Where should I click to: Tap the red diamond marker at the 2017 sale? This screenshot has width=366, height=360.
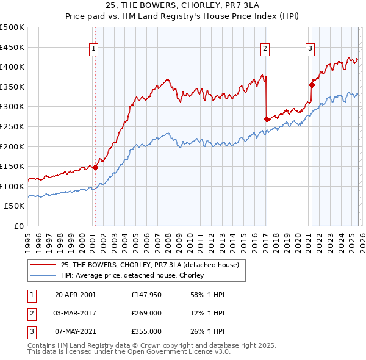[x=267, y=119]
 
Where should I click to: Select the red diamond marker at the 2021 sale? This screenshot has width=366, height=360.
[x=312, y=85]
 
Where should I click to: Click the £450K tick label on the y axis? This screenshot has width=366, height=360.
[x=12, y=47]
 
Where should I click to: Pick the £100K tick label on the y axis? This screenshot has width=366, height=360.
[x=12, y=186]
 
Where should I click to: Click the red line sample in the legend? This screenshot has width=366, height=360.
[x=43, y=265]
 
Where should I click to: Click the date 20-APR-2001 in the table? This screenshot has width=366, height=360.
[x=75, y=295]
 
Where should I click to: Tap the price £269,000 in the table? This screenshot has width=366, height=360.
[x=146, y=313]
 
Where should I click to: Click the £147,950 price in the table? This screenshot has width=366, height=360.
[x=146, y=295]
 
